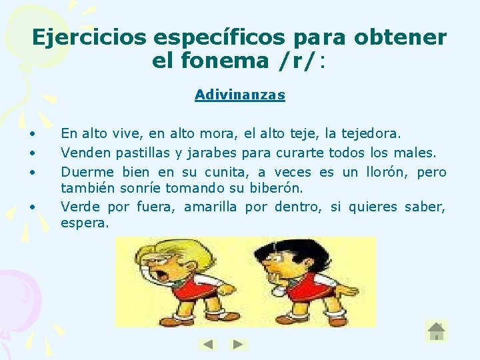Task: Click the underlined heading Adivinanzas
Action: (240, 95)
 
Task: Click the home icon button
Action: (436, 331)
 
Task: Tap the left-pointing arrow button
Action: (208, 345)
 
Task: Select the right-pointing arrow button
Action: (238, 345)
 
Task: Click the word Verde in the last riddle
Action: (79, 207)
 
